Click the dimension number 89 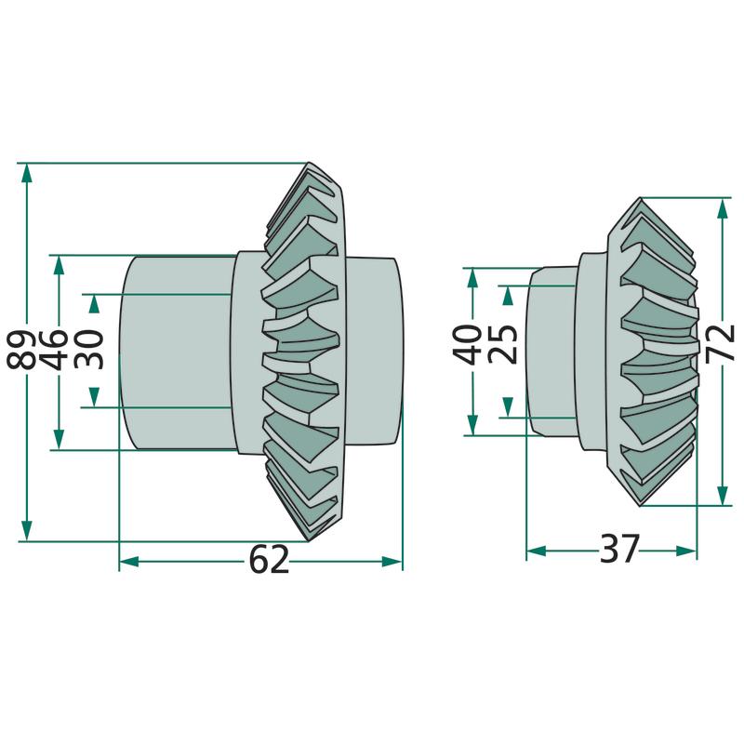[x=25, y=349]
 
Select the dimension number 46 [x=58, y=349]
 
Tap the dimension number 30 [x=90, y=349]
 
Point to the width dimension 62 [x=269, y=561]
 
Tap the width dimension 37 [x=619, y=550]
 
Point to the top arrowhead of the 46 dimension [x=59, y=263]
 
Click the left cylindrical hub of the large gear [x=177, y=353]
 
